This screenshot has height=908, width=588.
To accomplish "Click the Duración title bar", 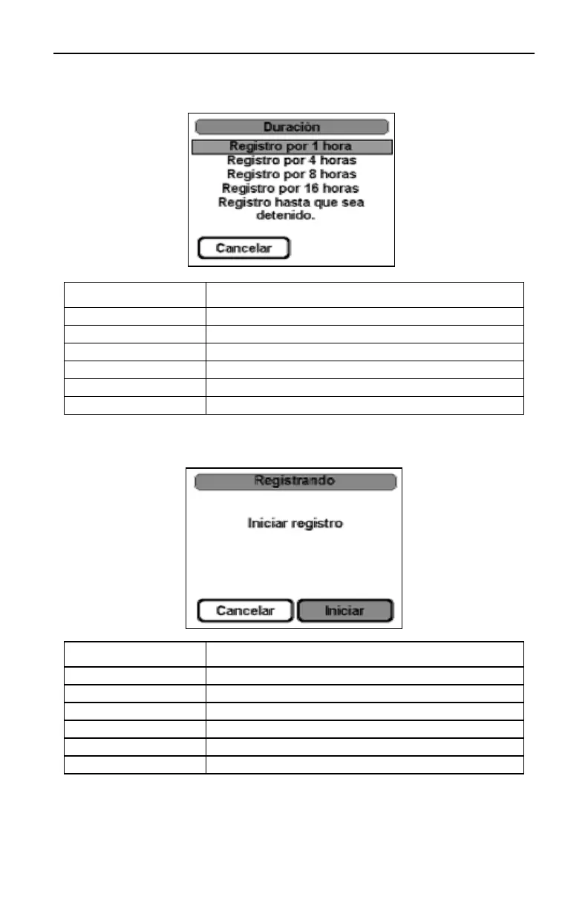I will (291, 126).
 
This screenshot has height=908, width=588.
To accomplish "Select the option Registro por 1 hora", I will (291, 146).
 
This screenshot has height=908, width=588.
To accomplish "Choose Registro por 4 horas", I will (291, 160).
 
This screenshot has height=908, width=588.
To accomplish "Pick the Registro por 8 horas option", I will (291, 174).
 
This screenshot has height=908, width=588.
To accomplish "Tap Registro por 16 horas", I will (291, 188).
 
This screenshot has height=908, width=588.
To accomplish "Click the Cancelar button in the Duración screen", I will (244, 248).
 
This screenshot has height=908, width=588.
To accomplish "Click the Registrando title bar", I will (295, 481).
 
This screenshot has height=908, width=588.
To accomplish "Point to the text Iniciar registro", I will (295, 523).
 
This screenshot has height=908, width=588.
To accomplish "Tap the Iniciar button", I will (345, 611).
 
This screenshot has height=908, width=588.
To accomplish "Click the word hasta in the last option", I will (286, 202).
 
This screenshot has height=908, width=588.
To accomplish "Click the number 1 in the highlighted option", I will (315, 146).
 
